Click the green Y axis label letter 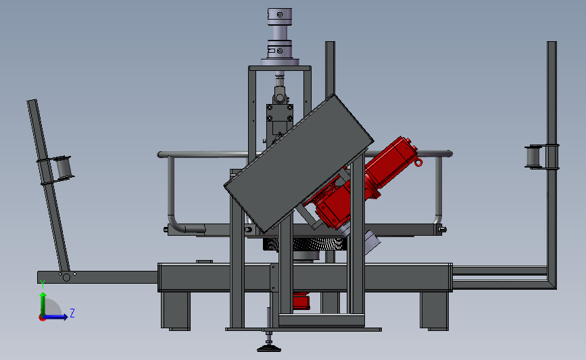(43, 284)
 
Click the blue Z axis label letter (72, 313)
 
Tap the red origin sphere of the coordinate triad (42, 318)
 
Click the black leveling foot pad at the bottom (269, 349)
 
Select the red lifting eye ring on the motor (418, 162)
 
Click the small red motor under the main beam (301, 301)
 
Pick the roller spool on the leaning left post (64, 168)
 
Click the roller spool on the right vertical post (535, 157)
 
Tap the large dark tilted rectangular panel (299, 163)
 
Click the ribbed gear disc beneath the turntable (306, 245)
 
